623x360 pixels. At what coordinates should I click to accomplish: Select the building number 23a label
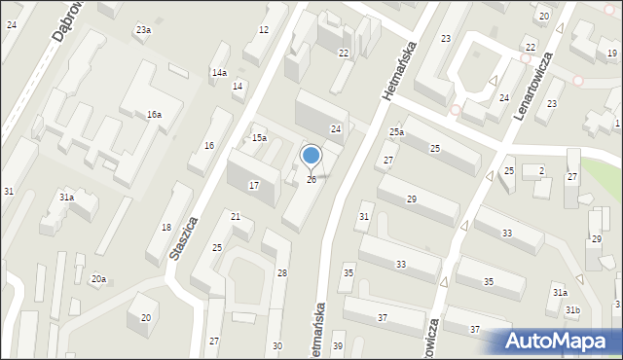click(x=143, y=30)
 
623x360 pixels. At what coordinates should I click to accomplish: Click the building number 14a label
click(x=220, y=73)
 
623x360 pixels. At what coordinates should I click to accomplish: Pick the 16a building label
click(x=154, y=115)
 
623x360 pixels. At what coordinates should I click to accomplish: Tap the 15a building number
click(x=259, y=138)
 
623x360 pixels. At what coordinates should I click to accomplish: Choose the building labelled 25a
click(x=396, y=131)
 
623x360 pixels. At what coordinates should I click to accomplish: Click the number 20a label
click(x=98, y=279)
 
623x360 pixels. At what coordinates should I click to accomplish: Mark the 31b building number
click(x=573, y=310)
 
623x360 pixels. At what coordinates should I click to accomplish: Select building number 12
click(x=263, y=30)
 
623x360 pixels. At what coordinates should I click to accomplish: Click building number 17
click(x=254, y=185)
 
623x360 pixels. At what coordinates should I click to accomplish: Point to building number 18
click(x=166, y=227)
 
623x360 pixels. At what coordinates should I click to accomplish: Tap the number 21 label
click(x=236, y=216)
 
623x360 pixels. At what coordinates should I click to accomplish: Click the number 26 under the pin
click(x=311, y=179)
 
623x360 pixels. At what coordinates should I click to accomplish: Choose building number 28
click(x=282, y=273)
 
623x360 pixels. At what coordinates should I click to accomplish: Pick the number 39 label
click(x=338, y=346)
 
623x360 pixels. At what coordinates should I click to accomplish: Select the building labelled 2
click(x=541, y=171)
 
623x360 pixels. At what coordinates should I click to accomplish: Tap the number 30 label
click(x=277, y=346)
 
